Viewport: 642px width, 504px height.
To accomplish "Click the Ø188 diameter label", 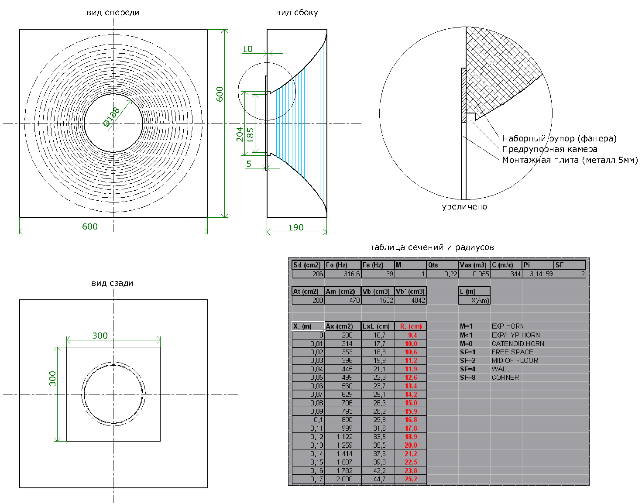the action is point(111,117).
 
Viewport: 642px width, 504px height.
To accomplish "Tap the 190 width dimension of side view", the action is point(296,227).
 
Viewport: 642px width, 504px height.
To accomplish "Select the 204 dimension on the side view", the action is point(240,134).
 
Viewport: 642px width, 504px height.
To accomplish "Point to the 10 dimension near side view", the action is point(247,49).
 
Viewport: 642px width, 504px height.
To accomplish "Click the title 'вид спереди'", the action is point(113,13).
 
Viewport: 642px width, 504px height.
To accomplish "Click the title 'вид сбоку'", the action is point(297,13).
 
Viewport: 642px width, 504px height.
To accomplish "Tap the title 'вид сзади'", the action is point(112,283).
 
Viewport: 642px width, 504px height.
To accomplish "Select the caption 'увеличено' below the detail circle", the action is point(464,207).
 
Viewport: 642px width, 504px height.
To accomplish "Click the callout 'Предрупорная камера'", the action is point(549,149).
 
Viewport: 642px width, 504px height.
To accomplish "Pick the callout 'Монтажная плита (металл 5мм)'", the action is point(570,160).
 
